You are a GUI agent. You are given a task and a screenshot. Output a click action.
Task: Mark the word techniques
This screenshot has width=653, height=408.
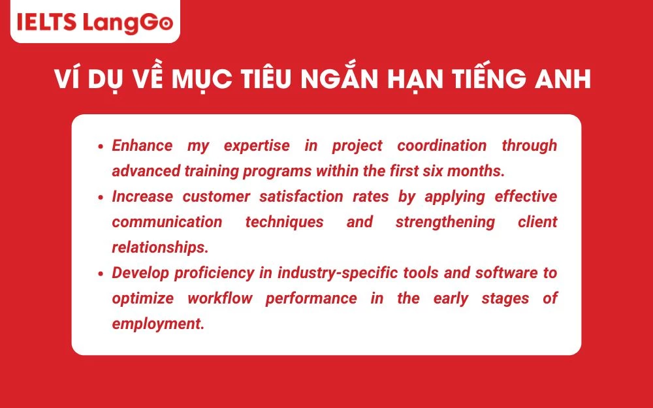(x=284, y=222)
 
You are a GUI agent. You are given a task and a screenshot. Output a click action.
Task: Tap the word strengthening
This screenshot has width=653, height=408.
(x=445, y=222)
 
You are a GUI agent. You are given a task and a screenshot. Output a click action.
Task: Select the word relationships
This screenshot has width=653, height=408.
(x=158, y=247)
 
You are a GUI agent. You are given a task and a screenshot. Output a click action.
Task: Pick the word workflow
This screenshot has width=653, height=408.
(x=218, y=298)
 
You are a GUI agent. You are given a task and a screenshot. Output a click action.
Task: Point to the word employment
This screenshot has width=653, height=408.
(x=158, y=324)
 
